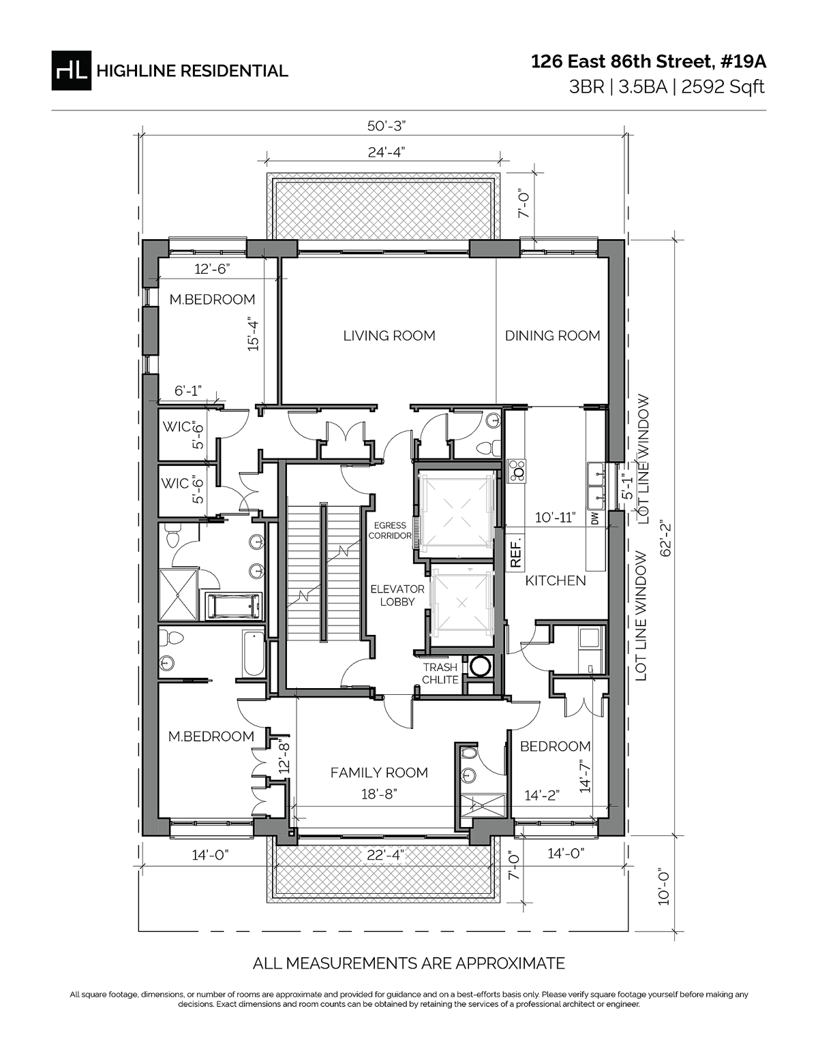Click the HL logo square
click(x=71, y=70)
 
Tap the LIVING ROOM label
click(x=389, y=335)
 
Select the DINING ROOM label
click(x=552, y=335)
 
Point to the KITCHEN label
click(x=555, y=580)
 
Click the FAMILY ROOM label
click(x=379, y=773)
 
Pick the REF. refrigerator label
click(x=516, y=553)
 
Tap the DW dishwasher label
click(x=594, y=518)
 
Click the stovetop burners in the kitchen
click(x=518, y=470)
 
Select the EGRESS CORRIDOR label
click(x=390, y=531)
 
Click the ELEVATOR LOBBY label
click(x=397, y=595)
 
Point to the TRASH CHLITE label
click(x=440, y=674)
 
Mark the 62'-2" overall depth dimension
click(x=666, y=538)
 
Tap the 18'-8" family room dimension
click(x=378, y=794)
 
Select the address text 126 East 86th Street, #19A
click(x=648, y=62)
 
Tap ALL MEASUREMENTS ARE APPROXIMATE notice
click(x=408, y=963)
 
